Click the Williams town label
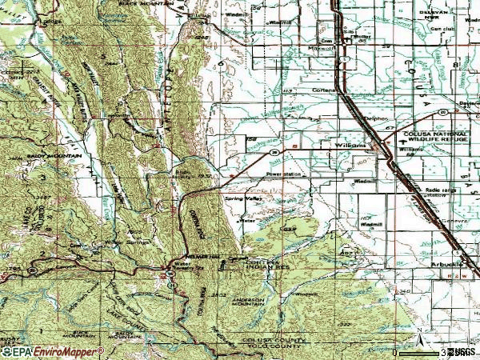tap(350, 146)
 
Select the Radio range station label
tap(433, 190)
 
